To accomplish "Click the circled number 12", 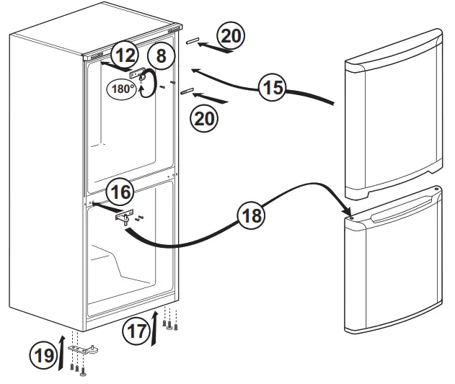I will pos(125,55).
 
